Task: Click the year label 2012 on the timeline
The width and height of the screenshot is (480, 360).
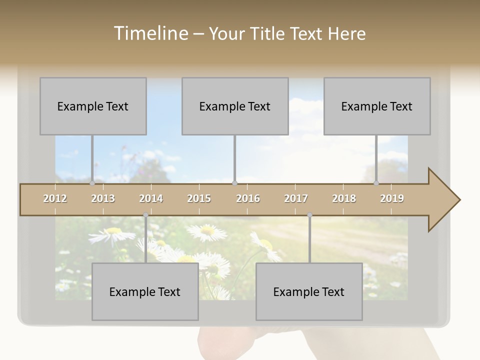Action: click(x=55, y=198)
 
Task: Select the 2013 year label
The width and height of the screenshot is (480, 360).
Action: click(x=103, y=198)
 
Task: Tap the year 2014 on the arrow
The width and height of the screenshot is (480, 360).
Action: click(x=151, y=198)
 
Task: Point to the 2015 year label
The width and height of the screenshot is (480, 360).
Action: click(x=199, y=198)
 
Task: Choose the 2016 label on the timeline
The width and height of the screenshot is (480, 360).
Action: click(x=248, y=198)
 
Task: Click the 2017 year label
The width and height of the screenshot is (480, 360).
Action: click(x=296, y=198)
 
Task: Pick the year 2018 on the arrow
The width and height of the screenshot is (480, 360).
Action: click(x=344, y=198)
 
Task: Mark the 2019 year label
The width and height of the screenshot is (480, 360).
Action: click(x=392, y=198)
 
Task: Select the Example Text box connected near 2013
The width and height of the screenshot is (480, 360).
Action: click(x=93, y=106)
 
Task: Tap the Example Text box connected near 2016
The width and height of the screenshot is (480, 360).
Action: click(x=235, y=106)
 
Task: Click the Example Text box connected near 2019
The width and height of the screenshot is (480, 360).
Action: click(x=377, y=106)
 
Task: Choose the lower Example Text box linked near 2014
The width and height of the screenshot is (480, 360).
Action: click(x=145, y=291)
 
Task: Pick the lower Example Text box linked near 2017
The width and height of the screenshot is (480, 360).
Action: click(x=309, y=291)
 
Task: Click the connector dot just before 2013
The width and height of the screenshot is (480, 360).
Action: click(x=92, y=183)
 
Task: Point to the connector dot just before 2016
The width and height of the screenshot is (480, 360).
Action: click(x=234, y=183)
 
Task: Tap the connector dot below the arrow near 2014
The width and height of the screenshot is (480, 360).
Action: click(x=145, y=215)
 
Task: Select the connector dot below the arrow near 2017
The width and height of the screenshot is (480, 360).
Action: click(x=309, y=215)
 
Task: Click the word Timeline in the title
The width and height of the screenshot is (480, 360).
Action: click(x=150, y=33)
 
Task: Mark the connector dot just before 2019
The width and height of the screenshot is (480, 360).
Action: click(x=376, y=183)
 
